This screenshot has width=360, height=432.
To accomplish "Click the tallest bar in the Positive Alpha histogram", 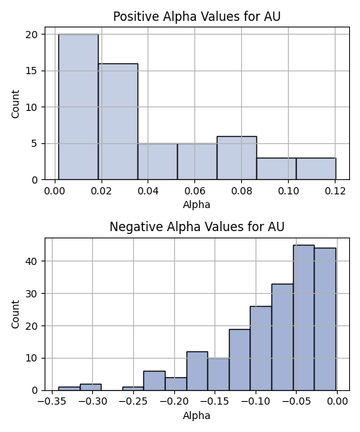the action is (x=78, y=107).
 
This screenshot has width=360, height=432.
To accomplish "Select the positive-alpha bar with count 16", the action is (x=118, y=122).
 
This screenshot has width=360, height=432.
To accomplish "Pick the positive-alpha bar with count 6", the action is (x=237, y=158).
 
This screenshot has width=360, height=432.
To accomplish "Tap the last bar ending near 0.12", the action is (x=316, y=168).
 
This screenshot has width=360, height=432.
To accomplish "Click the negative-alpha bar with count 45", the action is (x=304, y=318).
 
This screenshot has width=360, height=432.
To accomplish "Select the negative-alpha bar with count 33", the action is (x=283, y=337).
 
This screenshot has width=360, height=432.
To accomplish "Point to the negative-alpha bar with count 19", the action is (x=240, y=360).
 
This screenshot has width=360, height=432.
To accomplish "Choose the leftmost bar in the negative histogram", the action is (x=69, y=389).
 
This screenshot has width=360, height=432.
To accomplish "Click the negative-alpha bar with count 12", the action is (x=197, y=371).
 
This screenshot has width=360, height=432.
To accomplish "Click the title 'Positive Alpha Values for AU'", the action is (x=197, y=17).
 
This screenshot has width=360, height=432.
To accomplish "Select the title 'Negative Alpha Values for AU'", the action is (x=197, y=227).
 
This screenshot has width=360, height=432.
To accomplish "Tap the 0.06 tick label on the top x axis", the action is (x=194, y=191).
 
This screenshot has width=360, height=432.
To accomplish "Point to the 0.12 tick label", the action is (x=336, y=191).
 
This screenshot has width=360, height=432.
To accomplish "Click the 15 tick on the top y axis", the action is (x=32, y=71).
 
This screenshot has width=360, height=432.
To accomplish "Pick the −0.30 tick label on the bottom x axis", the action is (x=93, y=401).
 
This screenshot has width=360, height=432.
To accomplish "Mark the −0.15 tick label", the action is (x=215, y=401).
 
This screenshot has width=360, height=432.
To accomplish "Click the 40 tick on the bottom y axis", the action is (x=32, y=261).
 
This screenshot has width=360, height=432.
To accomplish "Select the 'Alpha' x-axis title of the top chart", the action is (x=197, y=204).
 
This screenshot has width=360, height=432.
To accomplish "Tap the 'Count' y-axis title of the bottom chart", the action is (x=15, y=314).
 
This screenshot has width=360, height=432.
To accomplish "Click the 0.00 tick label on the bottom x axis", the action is (x=337, y=401).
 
